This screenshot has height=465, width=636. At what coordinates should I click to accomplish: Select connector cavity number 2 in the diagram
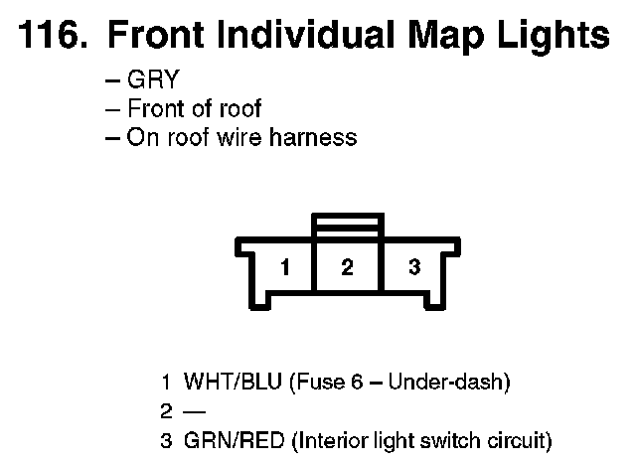[347, 267]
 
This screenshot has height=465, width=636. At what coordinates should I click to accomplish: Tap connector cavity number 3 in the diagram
[414, 267]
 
